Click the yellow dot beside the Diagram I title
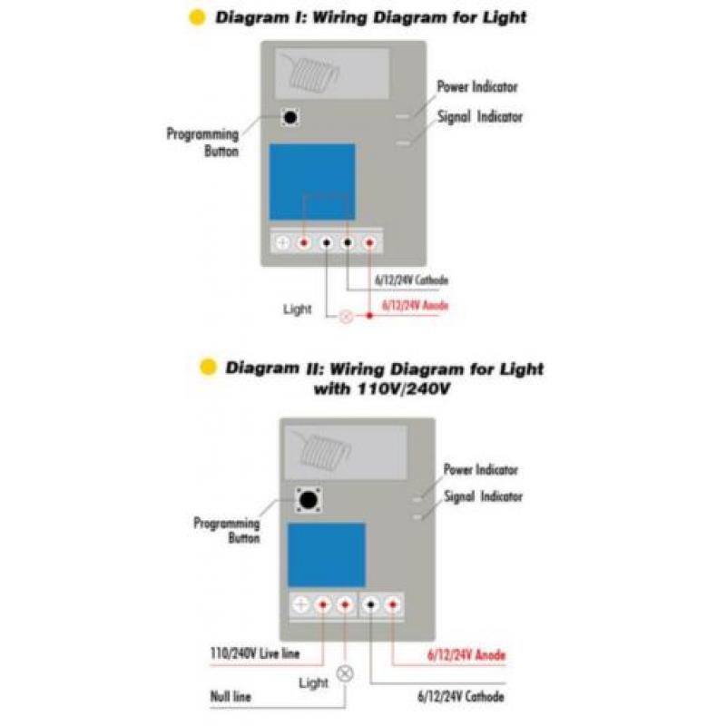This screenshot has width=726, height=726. point(197,17)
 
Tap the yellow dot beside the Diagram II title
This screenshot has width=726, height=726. point(208,368)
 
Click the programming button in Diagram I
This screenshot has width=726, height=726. point(290,117)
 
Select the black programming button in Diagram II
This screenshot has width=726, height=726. point(309,500)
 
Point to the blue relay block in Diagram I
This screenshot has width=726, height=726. point(312,181)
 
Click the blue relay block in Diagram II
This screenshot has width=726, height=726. point(327,554)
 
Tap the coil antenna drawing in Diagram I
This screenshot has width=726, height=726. point(311,73)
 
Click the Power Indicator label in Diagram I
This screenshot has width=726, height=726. point(477,86)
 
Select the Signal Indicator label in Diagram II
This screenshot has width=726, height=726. point(484,496)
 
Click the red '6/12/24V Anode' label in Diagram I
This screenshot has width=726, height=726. point(415,306)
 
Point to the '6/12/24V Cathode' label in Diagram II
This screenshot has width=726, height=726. point(461,696)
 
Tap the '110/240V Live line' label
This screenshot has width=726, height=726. point(255,653)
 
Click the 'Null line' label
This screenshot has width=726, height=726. point(231,696)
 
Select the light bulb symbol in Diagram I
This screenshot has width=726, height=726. point(347,317)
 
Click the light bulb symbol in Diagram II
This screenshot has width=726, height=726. point(345,673)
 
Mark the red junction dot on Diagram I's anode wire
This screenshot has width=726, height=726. point(369,316)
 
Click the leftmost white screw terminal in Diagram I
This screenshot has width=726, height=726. point(282,242)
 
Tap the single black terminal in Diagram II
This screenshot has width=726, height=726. point(370,604)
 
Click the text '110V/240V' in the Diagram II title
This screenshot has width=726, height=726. point(404,388)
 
